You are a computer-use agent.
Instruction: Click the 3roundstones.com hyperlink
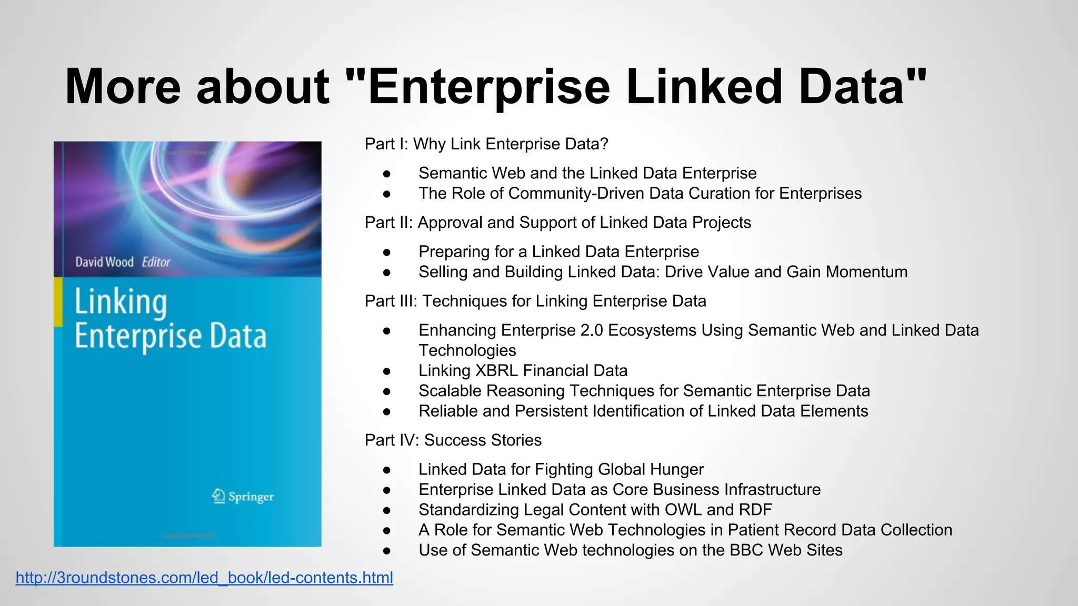pyautogui.click(x=204, y=578)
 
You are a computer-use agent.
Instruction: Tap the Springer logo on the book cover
pyautogui.click(x=243, y=496)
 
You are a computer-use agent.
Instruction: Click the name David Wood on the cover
pyautogui.click(x=104, y=262)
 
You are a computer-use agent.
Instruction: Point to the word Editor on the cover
pyautogui.click(x=156, y=262)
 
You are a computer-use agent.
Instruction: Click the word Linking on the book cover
pyautogui.click(x=121, y=303)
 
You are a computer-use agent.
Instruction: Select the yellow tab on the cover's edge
pyautogui.click(x=58, y=302)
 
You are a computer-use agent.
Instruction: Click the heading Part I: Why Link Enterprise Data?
pyautogui.click(x=486, y=144)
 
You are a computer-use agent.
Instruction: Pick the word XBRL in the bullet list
pyautogui.click(x=496, y=370)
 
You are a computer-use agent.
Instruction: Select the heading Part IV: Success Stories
pyautogui.click(x=453, y=440)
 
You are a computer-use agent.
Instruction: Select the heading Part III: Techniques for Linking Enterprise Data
pyautogui.click(x=535, y=301)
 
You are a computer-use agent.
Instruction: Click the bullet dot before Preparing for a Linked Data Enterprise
pyautogui.click(x=387, y=252)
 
